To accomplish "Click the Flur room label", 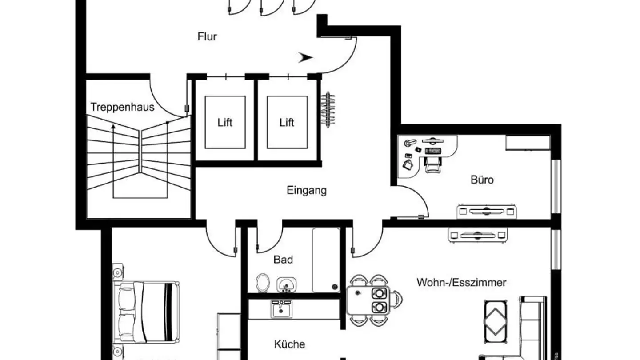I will (x=207, y=36).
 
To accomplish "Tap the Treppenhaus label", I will (x=122, y=107).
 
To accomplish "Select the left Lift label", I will (x=225, y=123).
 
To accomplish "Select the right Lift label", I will (x=287, y=123).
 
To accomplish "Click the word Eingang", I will (x=306, y=191).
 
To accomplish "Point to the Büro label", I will (x=482, y=180).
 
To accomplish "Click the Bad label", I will (x=283, y=260).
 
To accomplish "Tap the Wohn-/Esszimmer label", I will (x=461, y=282).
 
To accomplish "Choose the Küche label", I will (x=289, y=344).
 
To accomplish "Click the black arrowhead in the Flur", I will (x=305, y=57).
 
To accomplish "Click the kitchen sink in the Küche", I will (x=281, y=308).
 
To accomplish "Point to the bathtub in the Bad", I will (x=326, y=260).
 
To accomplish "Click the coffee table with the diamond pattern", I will (x=496, y=321).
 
